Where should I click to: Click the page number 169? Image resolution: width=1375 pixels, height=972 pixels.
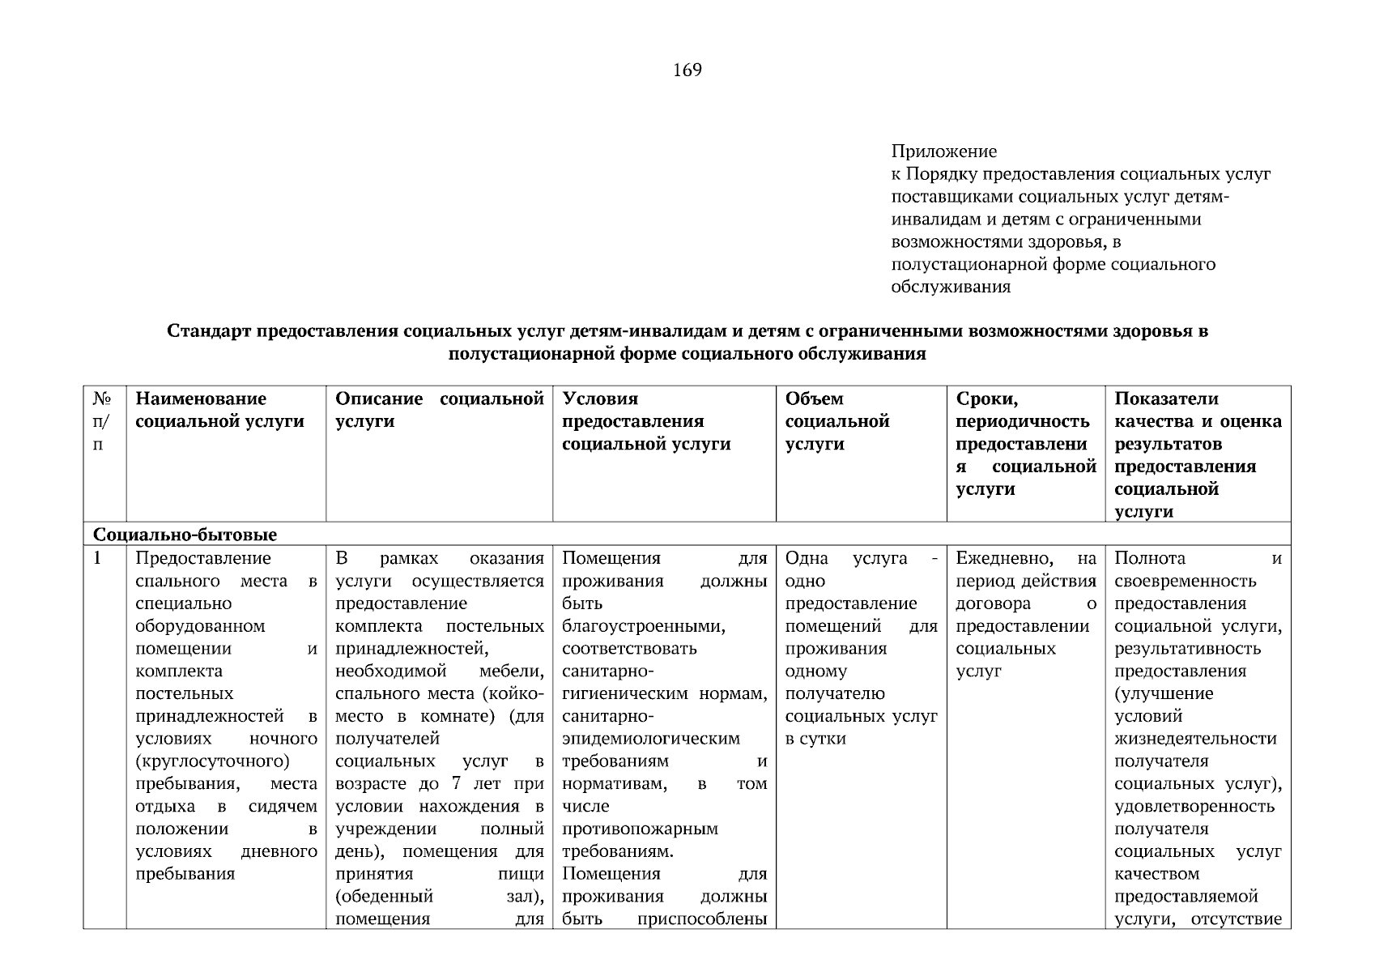(x=687, y=70)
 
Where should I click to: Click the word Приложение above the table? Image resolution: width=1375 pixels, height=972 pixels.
(x=943, y=151)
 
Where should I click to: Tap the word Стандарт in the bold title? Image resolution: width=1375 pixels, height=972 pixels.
(x=210, y=331)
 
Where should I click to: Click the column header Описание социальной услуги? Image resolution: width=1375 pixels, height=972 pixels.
(x=439, y=410)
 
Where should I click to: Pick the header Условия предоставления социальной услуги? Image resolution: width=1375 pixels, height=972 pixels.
(x=645, y=421)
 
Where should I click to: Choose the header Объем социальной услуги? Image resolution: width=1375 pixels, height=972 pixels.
(x=836, y=421)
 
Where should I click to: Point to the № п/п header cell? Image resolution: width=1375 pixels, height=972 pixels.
(x=102, y=421)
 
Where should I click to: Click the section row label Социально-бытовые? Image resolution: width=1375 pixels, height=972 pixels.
(x=185, y=535)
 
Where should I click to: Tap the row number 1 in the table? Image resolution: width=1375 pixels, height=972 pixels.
(x=98, y=558)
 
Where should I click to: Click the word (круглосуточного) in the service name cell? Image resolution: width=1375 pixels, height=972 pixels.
(x=212, y=761)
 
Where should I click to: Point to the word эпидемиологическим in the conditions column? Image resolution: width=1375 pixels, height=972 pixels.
(x=650, y=739)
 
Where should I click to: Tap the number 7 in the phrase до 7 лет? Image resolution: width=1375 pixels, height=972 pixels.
(x=456, y=784)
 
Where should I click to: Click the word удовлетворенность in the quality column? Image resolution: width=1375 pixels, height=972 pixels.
(x=1194, y=807)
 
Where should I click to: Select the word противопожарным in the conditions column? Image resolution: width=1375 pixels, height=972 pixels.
(x=640, y=829)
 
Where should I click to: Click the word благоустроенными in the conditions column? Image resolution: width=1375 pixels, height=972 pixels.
(x=643, y=626)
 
